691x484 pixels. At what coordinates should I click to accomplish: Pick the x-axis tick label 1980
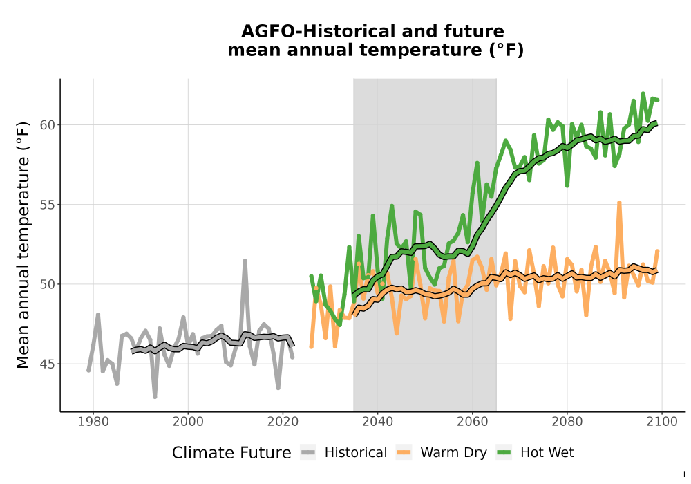93,422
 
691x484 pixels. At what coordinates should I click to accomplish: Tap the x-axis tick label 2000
188,422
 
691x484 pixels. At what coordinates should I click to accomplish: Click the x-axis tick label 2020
283,422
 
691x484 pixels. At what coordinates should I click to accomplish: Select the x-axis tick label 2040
378,422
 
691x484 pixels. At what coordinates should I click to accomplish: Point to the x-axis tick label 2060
473,422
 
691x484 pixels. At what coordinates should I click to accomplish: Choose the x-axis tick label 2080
567,422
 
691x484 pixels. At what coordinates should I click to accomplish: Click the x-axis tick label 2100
662,422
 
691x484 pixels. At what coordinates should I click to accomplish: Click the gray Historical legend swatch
308,453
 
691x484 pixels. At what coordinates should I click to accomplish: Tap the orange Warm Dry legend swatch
404,453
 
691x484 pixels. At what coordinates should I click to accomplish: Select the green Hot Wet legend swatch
504,453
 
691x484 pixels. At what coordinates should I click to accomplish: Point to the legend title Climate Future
231,453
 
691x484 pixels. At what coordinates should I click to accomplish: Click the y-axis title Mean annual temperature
23,245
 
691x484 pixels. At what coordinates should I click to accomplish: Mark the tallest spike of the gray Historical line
245,261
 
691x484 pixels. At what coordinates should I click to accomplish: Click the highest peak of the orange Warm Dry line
619,203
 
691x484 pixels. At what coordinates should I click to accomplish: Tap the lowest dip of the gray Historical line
155,397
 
